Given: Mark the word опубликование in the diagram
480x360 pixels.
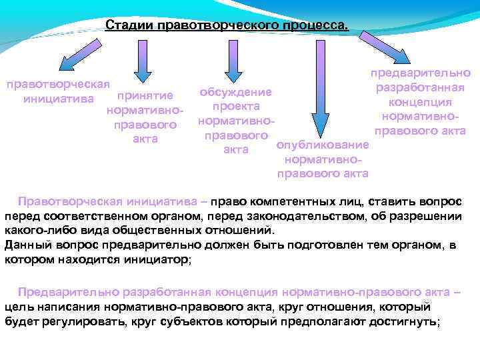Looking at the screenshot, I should [322, 145].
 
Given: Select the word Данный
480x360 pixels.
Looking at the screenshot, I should [26, 245].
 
